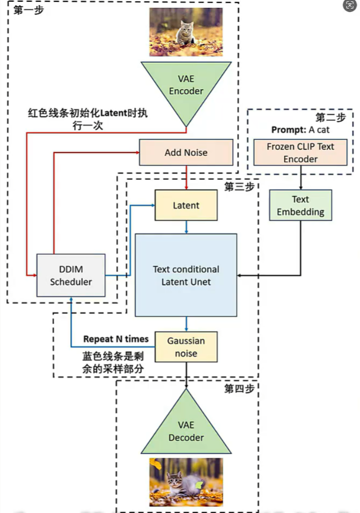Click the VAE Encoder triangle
click(186, 88)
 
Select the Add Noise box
click(186, 152)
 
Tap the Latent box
click(186, 205)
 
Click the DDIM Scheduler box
click(71, 275)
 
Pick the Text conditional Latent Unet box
click(186, 275)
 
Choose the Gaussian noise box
click(186, 347)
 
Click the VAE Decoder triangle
click(186, 429)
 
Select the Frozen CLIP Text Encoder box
click(300, 152)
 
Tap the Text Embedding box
click(300, 205)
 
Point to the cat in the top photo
click(185, 32)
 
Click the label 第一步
click(28, 10)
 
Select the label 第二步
click(330, 117)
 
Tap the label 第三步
click(239, 187)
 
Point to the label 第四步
click(239, 389)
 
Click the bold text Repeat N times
click(116, 339)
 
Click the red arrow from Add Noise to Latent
click(186, 177)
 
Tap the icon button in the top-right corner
click(349, 6)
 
